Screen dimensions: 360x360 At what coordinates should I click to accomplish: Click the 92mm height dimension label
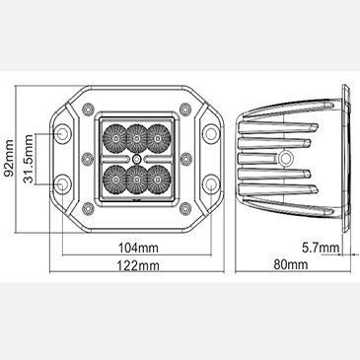[x=8, y=158]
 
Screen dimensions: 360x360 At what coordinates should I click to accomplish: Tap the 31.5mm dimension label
[x=28, y=159]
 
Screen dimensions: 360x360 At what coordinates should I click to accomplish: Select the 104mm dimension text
[x=138, y=248]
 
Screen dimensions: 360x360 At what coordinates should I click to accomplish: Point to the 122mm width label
[x=138, y=265]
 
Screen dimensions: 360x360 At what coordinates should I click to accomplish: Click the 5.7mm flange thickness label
[x=321, y=248]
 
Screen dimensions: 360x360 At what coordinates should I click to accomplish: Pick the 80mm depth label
[x=291, y=264]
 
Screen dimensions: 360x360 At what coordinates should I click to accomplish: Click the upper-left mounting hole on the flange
[x=62, y=133]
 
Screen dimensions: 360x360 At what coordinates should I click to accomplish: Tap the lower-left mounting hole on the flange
[x=62, y=183]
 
